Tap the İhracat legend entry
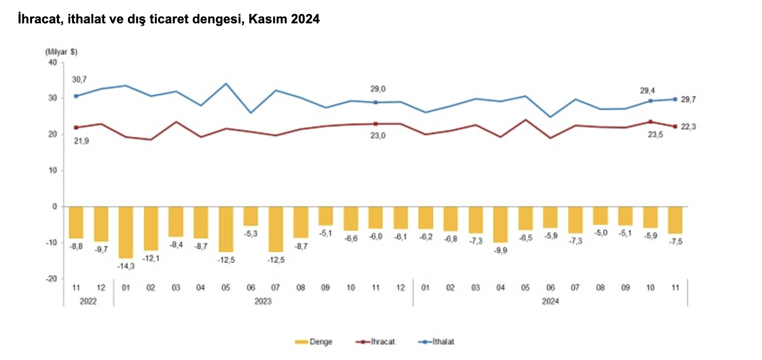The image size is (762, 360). (x=382, y=342)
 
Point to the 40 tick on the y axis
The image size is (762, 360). (x=53, y=62)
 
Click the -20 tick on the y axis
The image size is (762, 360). (x=51, y=279)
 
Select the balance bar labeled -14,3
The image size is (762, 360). (x=126, y=232)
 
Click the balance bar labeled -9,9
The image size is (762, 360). (x=500, y=224)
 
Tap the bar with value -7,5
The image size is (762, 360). (x=675, y=220)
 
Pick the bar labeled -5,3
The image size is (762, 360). (x=251, y=216)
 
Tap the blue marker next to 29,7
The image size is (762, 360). (x=675, y=99)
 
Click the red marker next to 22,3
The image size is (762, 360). (x=675, y=126)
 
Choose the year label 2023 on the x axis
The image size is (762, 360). (x=263, y=301)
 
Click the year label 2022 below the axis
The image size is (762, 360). (x=88, y=301)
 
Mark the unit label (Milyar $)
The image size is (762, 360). (x=61, y=52)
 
